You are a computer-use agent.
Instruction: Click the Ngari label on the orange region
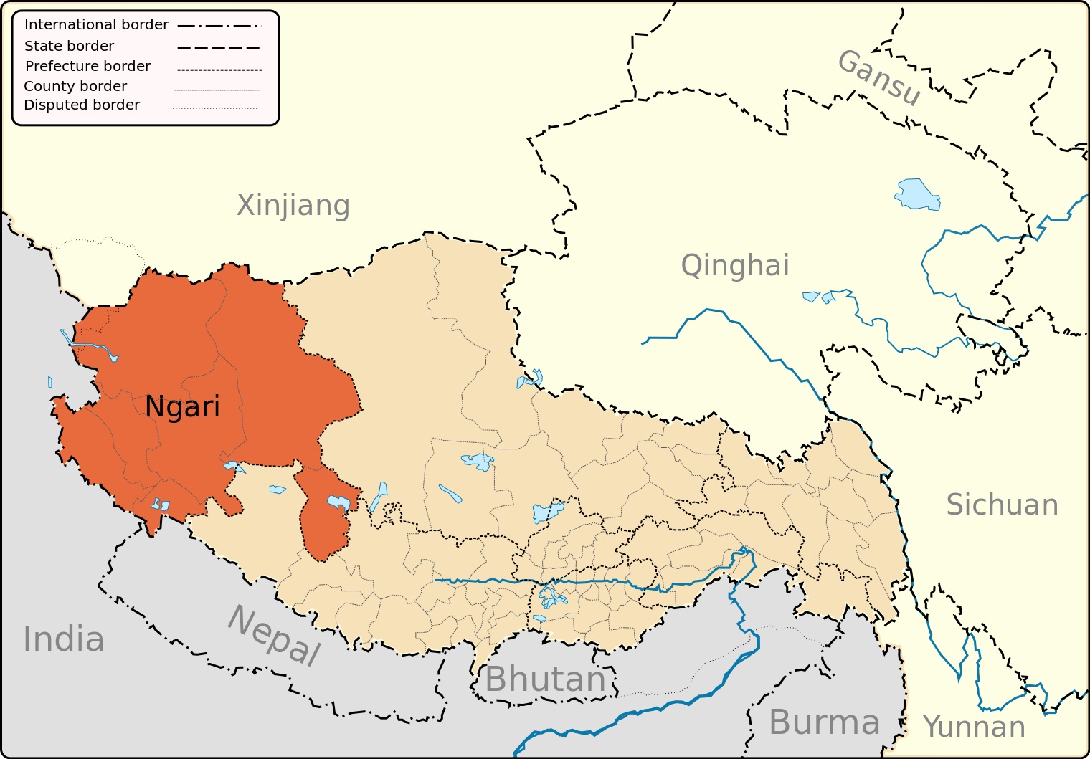[182, 406]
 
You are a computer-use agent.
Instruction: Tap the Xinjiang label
[293, 206]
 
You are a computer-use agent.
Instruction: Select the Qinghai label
[735, 266]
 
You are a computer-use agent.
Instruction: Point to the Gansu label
[879, 77]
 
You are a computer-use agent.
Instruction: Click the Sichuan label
[1002, 505]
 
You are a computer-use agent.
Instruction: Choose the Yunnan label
[974, 727]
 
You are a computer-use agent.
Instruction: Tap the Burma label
[824, 722]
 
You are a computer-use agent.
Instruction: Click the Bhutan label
[546, 679]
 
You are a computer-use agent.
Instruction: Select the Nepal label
[274, 635]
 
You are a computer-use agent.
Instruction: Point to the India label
[64, 639]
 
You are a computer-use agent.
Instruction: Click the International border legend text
[96, 24]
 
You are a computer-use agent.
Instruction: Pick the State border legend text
[69, 46]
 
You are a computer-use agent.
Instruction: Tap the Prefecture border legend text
[87, 66]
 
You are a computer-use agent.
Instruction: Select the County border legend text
[75, 86]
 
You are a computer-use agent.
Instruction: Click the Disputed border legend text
[82, 105]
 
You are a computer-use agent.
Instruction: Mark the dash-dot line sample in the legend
[219, 26]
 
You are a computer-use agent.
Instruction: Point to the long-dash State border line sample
[218, 48]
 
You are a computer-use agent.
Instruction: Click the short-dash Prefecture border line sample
[219, 70]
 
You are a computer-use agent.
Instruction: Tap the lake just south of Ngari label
[234, 467]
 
